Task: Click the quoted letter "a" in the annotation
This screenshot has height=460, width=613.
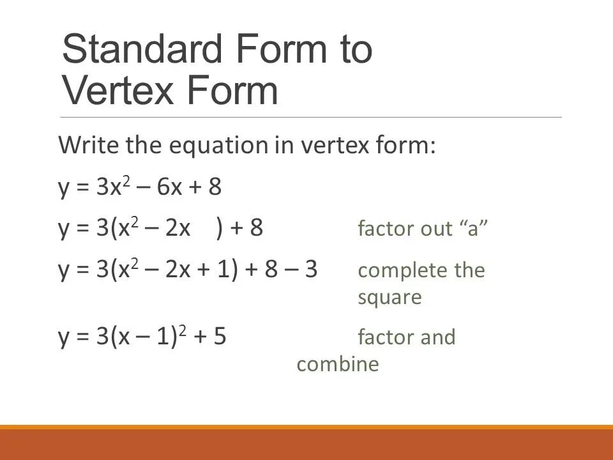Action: point(473,229)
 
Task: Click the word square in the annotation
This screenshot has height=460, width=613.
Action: point(390,298)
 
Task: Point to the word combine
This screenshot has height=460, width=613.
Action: point(338,364)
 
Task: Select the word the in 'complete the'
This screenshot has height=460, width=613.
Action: point(469,271)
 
